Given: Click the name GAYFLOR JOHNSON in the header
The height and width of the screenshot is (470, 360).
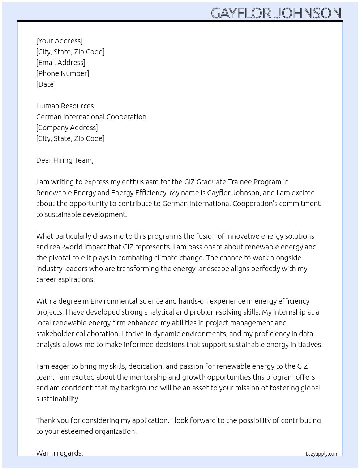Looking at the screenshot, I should [276, 13].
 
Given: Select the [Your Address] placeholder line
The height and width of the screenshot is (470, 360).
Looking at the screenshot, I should [59, 41].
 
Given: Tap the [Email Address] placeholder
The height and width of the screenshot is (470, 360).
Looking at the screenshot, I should [61, 63].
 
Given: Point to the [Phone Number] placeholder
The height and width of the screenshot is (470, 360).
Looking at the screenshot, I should [63, 73].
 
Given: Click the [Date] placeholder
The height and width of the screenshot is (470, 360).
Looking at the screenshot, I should [46, 84].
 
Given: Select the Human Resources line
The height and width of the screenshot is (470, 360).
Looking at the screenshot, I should [65, 106].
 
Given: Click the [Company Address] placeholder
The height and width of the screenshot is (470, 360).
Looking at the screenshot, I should [67, 128].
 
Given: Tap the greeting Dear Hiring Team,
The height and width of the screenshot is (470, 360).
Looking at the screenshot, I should [65, 160].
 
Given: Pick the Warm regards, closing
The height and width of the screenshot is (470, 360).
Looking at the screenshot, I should [60, 453].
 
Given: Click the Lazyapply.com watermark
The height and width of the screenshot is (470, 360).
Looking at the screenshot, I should [322, 454].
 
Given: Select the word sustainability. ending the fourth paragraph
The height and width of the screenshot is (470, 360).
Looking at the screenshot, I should [58, 399].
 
